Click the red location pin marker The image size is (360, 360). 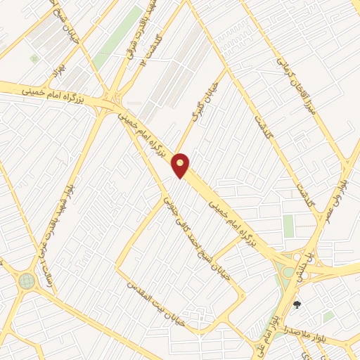click(x=181, y=165)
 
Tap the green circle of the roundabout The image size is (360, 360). click(x=27, y=281)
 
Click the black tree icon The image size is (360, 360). click(x=297, y=305)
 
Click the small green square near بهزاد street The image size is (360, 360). click(x=34, y=59)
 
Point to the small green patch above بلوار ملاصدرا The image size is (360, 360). click(x=328, y=317)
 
